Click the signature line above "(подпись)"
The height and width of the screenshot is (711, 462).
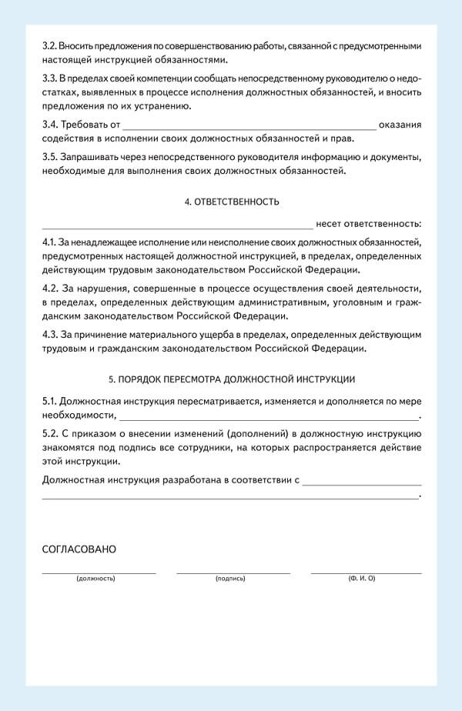pos(233,572)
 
